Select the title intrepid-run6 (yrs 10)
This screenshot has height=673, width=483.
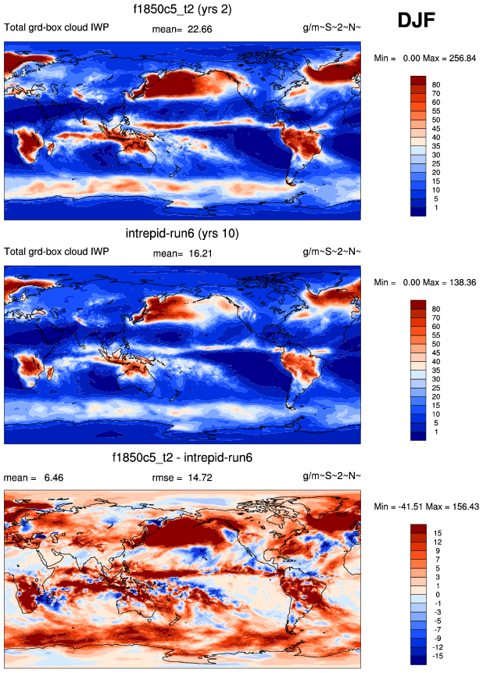[182, 234]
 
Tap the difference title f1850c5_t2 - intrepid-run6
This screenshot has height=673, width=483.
[182, 458]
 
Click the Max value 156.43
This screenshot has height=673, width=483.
[462, 507]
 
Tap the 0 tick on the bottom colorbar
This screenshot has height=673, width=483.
[438, 594]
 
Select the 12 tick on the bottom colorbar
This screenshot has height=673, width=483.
[440, 541]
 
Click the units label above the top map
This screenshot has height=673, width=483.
[331, 28]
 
